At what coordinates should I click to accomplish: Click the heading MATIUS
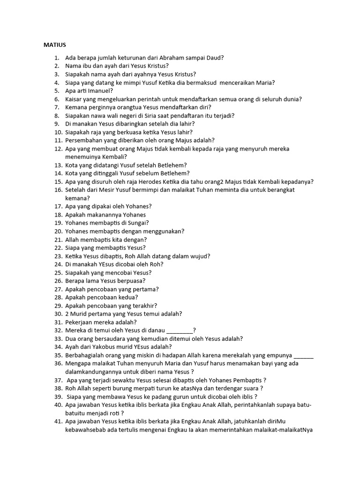(x=55, y=45)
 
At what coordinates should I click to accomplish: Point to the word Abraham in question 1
(x=171, y=58)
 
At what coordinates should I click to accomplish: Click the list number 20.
(x=58, y=231)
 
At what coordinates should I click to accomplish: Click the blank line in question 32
(x=180, y=330)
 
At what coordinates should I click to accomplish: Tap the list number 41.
(x=58, y=421)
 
